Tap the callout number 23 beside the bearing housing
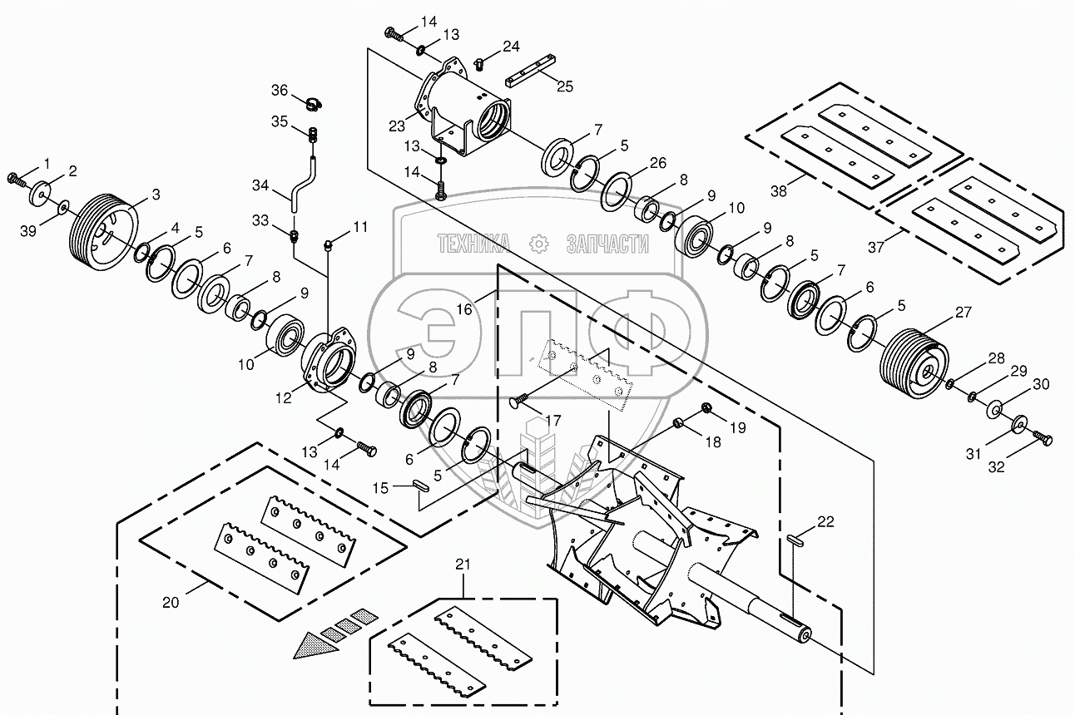tap(396, 126)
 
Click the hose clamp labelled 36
tap(314, 104)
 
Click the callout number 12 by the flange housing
tap(285, 398)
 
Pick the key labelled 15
tap(421, 486)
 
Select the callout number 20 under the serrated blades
tap(170, 604)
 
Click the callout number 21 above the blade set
tap(463, 565)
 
